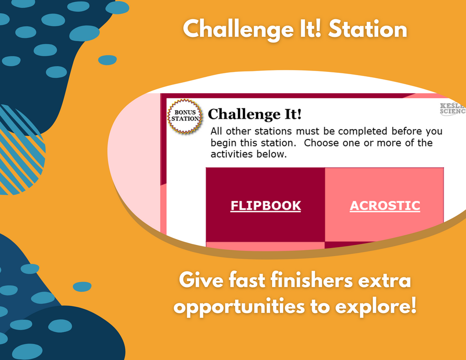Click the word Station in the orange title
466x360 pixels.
[x=368, y=29]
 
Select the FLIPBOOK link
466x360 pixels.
[x=266, y=206]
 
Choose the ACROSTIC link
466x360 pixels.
[x=385, y=206]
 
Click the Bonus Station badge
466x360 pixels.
[x=185, y=116]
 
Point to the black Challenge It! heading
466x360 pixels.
[x=255, y=114]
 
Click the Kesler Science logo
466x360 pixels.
[x=453, y=109]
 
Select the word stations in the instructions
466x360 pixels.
[x=273, y=132]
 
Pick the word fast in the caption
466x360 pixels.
[x=247, y=280]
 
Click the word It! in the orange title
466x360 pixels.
[x=310, y=29]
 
